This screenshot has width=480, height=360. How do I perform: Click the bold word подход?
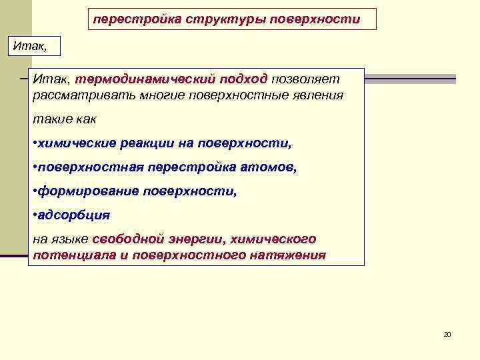[246, 79]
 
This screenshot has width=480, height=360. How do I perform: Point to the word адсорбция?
[74, 215]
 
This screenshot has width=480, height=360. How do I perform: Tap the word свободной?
[128, 239]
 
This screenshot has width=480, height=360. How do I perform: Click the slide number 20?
[447, 334]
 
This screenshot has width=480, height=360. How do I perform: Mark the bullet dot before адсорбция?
[35, 216]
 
